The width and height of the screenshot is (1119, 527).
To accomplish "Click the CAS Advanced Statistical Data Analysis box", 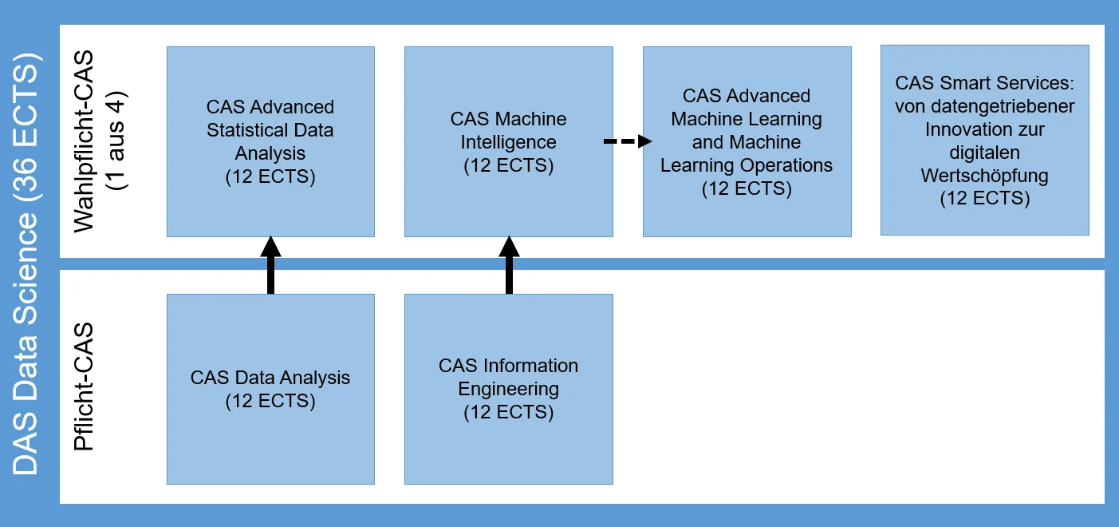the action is point(270,141).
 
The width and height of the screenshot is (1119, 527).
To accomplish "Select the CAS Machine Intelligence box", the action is point(509,141).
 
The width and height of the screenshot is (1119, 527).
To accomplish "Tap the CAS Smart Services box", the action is point(985,140).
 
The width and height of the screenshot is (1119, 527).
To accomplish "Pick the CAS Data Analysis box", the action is point(270,389).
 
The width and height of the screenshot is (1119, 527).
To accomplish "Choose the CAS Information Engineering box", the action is point(509,389).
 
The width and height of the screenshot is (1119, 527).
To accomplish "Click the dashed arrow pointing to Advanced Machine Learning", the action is point(628,141).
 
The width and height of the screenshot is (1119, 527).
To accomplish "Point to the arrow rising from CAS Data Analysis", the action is point(270,265).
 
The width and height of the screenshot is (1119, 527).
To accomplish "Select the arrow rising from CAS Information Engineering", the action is point(509,265).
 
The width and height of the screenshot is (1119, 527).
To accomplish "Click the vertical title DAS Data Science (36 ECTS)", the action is point(26,263).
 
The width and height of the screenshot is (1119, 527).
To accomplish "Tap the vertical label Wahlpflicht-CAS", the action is point(84,141).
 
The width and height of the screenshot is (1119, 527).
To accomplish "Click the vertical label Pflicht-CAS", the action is point(84,386).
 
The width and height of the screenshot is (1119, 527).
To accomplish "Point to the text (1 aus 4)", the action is point(116,141).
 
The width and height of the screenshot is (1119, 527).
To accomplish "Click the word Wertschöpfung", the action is point(985,176).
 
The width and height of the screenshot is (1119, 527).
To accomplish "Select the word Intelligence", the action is point(509,142).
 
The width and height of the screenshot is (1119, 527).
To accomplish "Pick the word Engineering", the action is point(509,390).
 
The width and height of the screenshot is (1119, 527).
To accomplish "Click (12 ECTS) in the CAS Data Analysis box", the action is point(270,401).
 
